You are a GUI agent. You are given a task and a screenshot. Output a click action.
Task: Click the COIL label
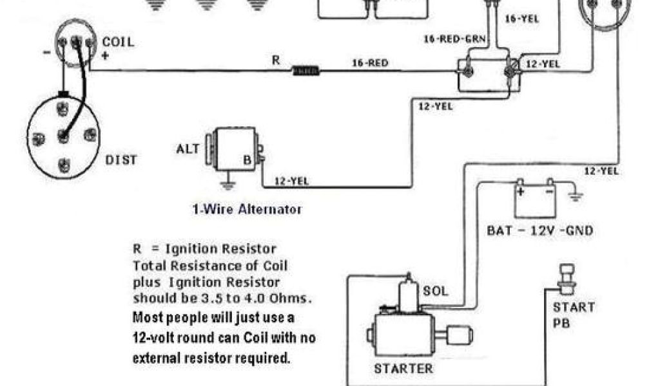(119, 42)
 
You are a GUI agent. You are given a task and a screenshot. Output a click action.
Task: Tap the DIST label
(121, 160)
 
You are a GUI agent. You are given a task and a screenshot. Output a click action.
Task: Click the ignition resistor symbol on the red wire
(305, 69)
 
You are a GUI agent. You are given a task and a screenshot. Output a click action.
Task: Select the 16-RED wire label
(370, 63)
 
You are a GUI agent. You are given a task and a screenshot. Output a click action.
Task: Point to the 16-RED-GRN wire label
(452, 39)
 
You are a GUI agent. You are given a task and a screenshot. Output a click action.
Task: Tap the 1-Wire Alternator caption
(247, 209)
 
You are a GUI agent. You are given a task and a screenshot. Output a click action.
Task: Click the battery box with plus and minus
(534, 199)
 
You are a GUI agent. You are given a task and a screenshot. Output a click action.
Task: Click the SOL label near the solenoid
(435, 291)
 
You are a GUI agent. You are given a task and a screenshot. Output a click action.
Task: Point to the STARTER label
(403, 369)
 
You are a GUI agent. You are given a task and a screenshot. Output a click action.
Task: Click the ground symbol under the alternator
(226, 187)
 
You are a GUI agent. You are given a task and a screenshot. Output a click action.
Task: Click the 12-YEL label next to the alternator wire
(291, 181)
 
